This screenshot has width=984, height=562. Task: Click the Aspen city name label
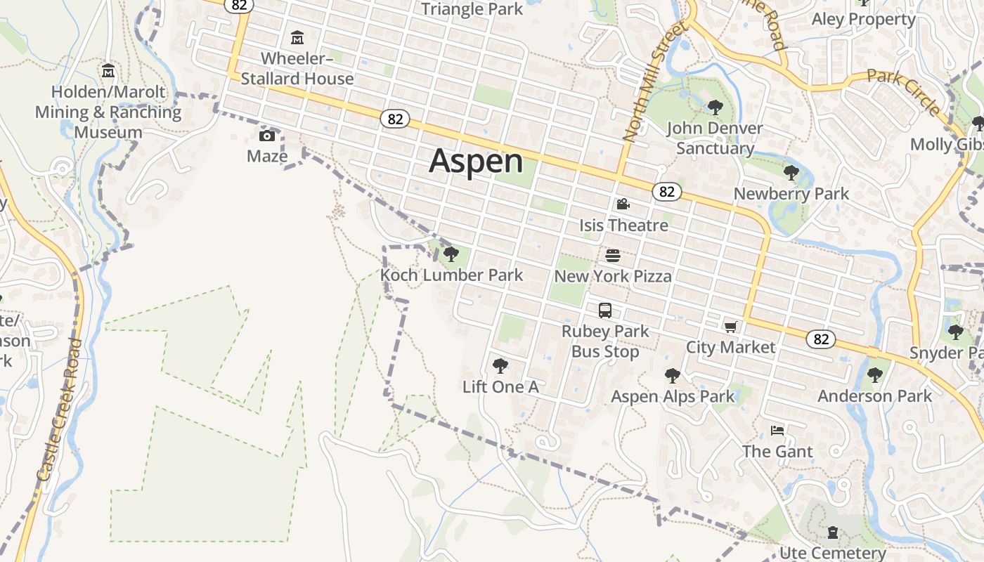tap(476, 161)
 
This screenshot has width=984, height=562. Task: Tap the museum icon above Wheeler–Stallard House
tap(297, 37)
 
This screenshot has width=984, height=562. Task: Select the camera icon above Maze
tap(267, 136)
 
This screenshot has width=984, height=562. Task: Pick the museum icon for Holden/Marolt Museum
tap(108, 71)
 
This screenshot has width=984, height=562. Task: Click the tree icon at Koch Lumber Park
tap(451, 254)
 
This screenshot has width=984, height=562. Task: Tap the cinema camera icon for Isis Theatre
tap(623, 204)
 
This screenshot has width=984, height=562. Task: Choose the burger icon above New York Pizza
tap(613, 255)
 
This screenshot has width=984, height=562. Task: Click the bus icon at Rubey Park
tap(605, 310)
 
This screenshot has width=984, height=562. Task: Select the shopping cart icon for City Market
tap(731, 327)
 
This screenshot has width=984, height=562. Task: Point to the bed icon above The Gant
tap(777, 431)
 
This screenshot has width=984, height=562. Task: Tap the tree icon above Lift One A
tap(500, 365)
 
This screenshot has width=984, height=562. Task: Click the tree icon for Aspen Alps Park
tap(673, 375)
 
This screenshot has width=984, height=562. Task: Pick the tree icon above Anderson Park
tap(874, 375)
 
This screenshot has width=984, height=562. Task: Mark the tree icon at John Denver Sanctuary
tap(715, 107)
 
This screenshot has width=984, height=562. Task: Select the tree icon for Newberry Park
tap(791, 173)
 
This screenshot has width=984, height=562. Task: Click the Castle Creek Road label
tap(59, 411)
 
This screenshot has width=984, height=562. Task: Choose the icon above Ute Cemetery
tap(833, 532)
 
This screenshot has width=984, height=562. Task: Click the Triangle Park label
tap(472, 8)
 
